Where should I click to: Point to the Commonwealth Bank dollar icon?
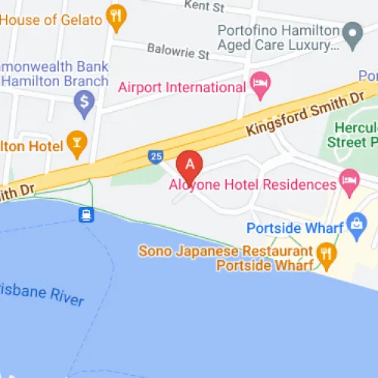point(84,101)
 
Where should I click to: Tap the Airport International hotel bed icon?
point(261,86)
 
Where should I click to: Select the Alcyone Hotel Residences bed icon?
point(349,180)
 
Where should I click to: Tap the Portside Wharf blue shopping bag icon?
point(355,224)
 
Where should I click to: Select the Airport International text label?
point(182,88)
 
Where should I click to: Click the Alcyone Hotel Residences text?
point(253,185)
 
